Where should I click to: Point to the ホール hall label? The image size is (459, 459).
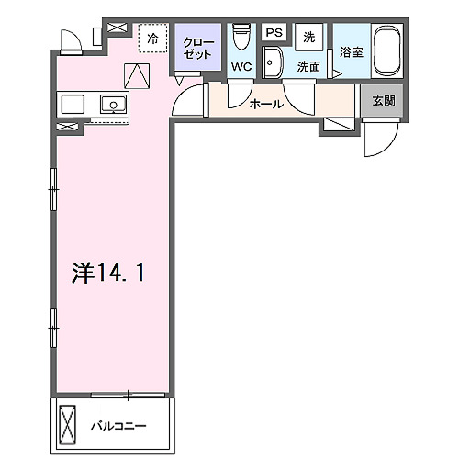(266, 105)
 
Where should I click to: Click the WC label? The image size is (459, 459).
(241, 67)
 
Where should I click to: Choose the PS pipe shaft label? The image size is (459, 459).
(273, 33)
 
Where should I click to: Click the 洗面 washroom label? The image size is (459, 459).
(308, 67)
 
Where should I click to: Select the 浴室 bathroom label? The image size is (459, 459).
(350, 52)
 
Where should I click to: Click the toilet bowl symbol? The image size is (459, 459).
(241, 38)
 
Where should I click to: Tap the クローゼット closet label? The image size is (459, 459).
(197, 49)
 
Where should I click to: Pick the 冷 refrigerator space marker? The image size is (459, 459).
(153, 40)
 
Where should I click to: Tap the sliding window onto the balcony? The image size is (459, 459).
(129, 395)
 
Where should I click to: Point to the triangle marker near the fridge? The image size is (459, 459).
(136, 74)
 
